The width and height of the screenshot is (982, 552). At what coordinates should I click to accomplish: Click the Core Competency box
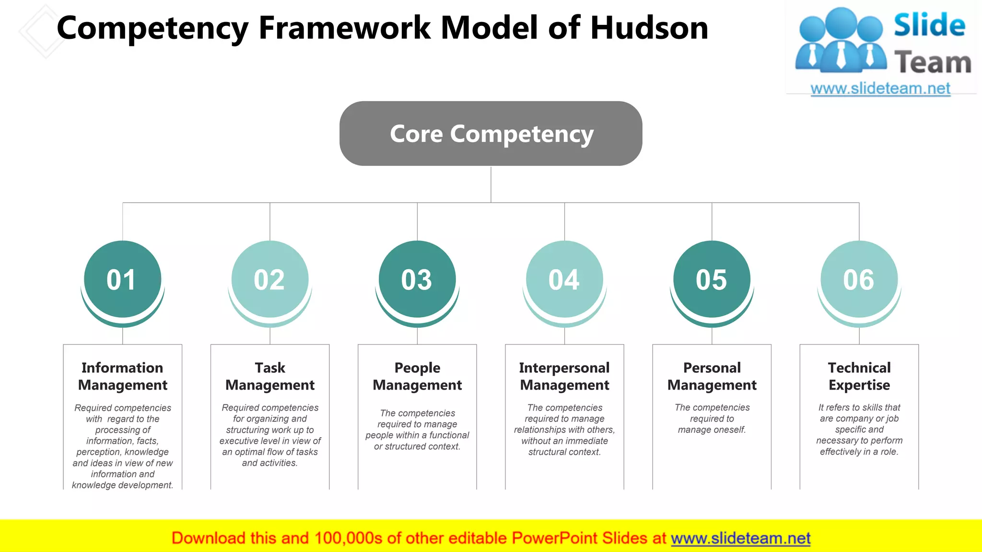(x=491, y=134)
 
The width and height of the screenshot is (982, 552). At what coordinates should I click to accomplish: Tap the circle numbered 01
(x=122, y=279)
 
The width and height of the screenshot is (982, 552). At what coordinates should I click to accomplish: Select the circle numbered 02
(x=269, y=279)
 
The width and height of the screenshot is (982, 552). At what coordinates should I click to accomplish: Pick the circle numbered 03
(x=417, y=279)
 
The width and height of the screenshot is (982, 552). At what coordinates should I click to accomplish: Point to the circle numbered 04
(x=564, y=279)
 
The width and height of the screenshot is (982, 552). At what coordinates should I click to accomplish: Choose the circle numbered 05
(x=712, y=279)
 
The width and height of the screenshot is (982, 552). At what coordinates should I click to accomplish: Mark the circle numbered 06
(x=859, y=279)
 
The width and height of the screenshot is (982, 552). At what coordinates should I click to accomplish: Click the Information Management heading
(x=122, y=376)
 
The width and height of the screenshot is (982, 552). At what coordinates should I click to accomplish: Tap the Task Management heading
(x=270, y=376)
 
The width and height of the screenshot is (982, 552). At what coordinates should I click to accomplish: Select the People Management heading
(x=417, y=376)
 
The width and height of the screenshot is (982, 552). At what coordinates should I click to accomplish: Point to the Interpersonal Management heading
(x=564, y=376)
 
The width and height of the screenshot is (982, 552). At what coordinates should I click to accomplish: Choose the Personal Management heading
(x=712, y=376)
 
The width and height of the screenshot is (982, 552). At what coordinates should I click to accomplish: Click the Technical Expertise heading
(x=859, y=376)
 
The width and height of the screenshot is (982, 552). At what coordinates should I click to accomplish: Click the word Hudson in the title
(x=649, y=28)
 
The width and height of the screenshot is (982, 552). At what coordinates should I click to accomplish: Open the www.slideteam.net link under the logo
(x=880, y=89)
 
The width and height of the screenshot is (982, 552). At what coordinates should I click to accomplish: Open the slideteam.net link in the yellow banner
(x=740, y=538)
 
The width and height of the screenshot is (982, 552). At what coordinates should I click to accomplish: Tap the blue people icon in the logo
(x=840, y=41)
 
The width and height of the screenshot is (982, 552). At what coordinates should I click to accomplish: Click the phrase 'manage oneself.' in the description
(x=712, y=430)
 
